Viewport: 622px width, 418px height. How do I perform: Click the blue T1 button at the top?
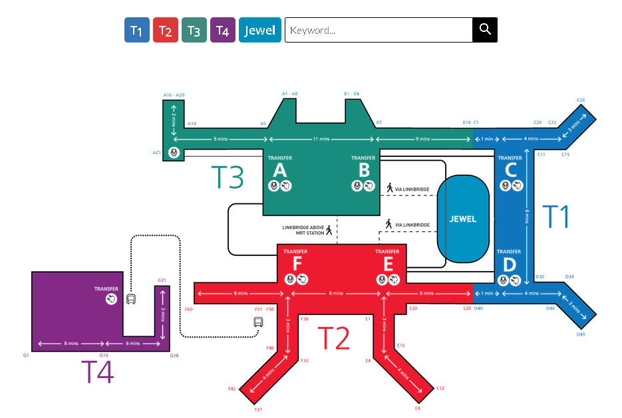click(x=137, y=30)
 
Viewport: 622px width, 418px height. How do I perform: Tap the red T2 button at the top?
click(x=166, y=30)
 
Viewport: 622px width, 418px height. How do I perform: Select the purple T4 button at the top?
click(x=223, y=30)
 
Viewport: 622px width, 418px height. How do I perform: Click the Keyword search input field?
click(x=378, y=30)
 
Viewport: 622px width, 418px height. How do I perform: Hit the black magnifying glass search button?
click(x=485, y=30)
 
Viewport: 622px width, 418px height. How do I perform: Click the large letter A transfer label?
click(x=280, y=170)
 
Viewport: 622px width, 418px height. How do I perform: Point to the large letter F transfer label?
click(x=297, y=264)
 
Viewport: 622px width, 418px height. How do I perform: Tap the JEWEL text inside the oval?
click(x=463, y=219)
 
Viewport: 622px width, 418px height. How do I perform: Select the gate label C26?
click(x=581, y=100)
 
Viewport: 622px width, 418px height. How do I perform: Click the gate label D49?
click(x=581, y=334)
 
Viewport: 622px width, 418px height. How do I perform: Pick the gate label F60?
click(x=188, y=310)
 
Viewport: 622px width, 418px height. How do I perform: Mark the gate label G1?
click(x=26, y=356)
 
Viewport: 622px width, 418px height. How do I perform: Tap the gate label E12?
click(x=440, y=387)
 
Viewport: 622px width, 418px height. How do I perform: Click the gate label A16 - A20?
click(x=174, y=95)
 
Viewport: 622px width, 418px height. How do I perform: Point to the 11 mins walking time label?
click(x=321, y=140)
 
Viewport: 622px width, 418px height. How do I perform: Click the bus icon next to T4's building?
click(x=131, y=300)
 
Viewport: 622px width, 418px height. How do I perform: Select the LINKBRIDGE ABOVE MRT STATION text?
click(x=303, y=230)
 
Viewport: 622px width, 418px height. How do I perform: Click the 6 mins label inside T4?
click(x=133, y=344)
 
